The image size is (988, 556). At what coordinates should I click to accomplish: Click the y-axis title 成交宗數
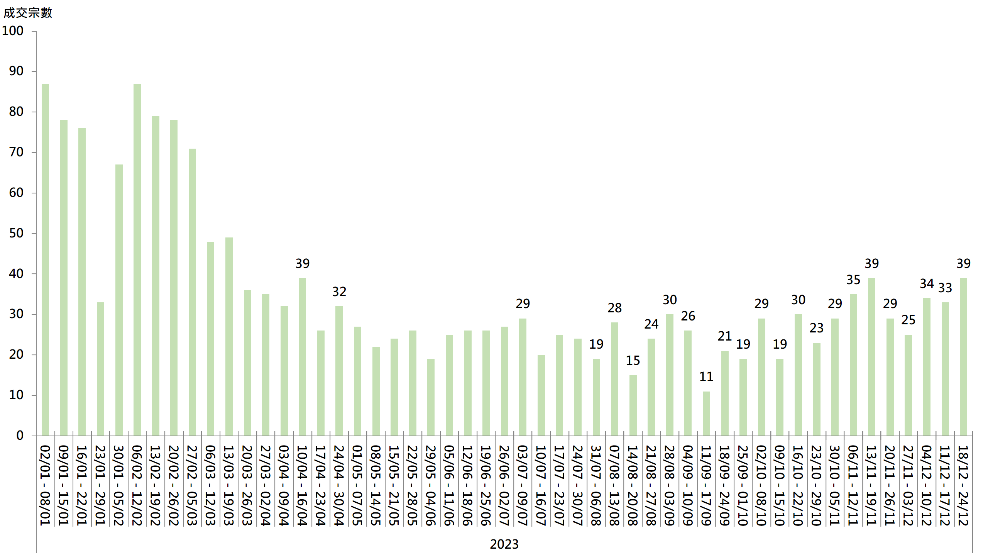coord(28,13)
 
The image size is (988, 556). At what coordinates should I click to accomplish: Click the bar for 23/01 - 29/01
coord(100,369)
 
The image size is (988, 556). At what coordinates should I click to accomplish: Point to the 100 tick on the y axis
coord(13,31)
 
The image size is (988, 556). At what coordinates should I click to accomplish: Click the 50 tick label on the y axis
coord(16,233)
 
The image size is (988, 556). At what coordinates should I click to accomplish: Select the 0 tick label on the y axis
coord(20,436)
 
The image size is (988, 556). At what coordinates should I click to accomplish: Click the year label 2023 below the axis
coord(504,544)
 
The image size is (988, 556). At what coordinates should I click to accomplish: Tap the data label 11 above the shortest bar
coord(706,376)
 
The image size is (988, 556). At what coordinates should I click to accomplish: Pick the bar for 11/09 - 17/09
coord(706,414)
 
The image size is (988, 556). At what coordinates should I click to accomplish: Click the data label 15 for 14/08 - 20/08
coord(633,360)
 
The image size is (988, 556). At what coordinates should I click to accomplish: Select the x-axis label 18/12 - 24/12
coord(963,485)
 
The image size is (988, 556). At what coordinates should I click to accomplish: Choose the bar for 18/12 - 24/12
coord(963,357)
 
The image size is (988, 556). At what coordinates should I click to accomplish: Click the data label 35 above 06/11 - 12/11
coord(853,280)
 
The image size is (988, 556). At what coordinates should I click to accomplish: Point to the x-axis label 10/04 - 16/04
coord(302,485)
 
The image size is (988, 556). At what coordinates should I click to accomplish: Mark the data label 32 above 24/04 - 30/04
coord(339,292)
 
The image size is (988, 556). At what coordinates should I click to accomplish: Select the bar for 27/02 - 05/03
coord(192,292)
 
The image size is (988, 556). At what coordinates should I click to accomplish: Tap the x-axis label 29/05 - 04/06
coord(431,485)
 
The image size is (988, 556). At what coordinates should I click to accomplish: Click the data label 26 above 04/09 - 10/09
coord(688,316)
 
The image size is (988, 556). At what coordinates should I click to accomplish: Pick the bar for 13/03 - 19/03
coord(229,336)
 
